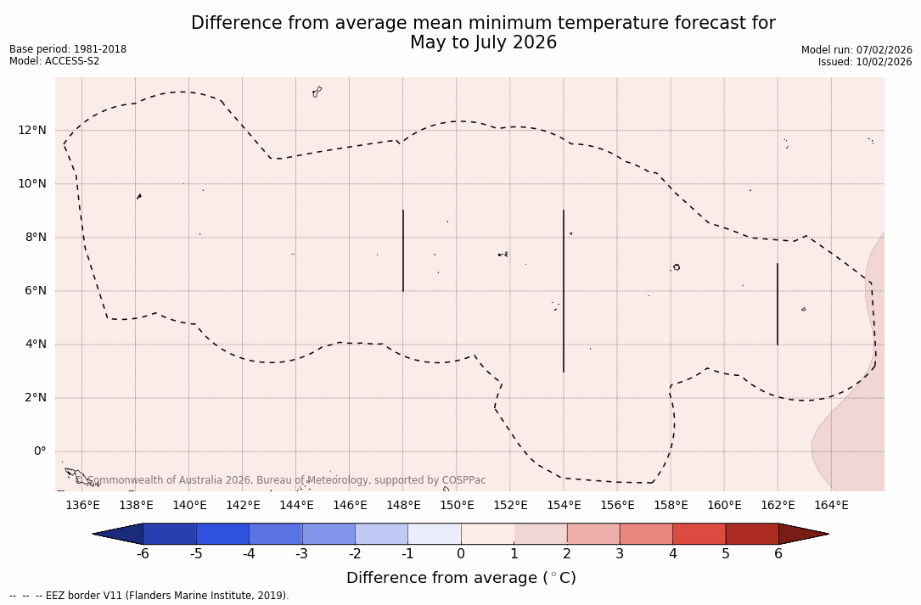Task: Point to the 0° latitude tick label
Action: [x=39, y=451]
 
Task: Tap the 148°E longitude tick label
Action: [x=403, y=505]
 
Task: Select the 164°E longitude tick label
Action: [x=831, y=505]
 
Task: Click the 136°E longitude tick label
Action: [x=82, y=505]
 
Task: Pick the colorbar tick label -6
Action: [x=143, y=554]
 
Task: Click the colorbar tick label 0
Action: [x=461, y=554]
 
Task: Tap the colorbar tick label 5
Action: [x=726, y=554]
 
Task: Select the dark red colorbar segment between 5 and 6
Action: [x=752, y=534]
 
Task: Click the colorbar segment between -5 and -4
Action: [x=222, y=534]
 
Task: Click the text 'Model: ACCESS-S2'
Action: [x=54, y=61]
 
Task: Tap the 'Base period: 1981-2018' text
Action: [x=68, y=49]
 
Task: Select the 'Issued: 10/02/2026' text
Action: [x=865, y=62]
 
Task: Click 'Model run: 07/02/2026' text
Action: [x=856, y=50]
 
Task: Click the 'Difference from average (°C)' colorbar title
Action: [x=461, y=578]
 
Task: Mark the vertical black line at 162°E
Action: [x=778, y=304]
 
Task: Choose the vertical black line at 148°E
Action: [x=403, y=250]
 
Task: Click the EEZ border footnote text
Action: [x=149, y=596]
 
